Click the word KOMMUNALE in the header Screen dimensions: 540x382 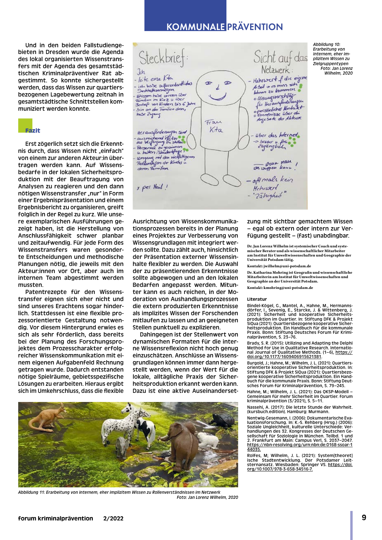tap(195, 27)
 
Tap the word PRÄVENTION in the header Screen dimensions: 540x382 tap(255, 27)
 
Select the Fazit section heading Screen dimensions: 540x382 tap(33, 131)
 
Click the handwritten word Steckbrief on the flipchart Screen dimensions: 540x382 tap(162, 58)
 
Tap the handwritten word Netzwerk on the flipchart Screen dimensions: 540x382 tap(275, 70)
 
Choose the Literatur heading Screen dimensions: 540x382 tap(257, 299)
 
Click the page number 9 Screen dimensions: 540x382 tap(364, 517)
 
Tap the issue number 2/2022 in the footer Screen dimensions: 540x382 tap(113, 518)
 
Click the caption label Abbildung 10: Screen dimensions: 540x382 tap(327, 44)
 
